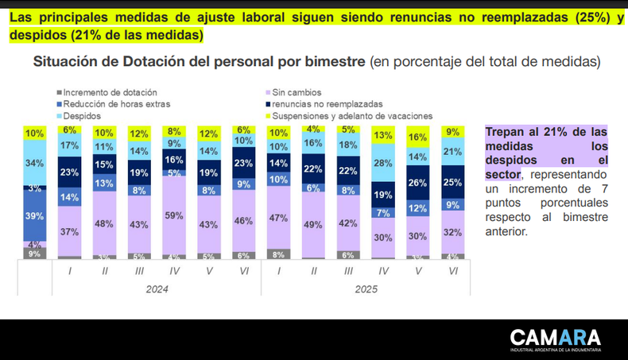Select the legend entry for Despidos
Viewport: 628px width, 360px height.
pos(82,116)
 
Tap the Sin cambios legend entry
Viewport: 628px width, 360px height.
pos(293,92)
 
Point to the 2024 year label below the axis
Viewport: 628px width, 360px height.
pos(157,289)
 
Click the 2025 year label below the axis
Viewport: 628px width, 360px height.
pos(366,289)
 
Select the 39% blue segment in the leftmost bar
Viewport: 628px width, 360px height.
pos(35,216)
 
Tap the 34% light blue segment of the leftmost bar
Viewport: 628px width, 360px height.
pos(35,164)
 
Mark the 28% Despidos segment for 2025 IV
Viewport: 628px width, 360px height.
pos(383,163)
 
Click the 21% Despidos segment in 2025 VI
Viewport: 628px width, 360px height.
pos(453,152)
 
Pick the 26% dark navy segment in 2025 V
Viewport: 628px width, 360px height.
pos(418,183)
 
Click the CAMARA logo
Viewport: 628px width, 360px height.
pos(556,339)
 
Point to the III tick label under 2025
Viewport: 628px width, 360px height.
pos(348,270)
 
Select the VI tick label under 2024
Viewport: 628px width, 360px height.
pos(244,270)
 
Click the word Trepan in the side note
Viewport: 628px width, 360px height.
pos(508,131)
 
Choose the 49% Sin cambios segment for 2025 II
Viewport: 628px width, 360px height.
pos(313,225)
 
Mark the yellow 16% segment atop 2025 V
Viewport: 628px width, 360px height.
pos(418,137)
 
